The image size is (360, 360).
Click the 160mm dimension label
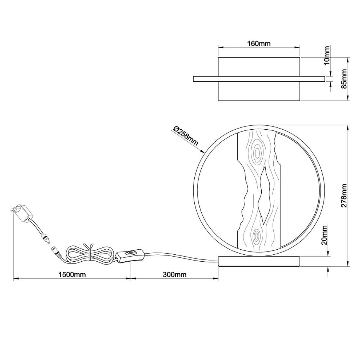(x=259, y=43)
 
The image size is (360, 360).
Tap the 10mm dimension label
(x=326, y=55)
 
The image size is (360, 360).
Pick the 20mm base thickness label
(x=324, y=235)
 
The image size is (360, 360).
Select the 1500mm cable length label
(x=72, y=274)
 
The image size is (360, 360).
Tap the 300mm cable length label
(x=175, y=274)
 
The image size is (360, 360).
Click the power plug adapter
(x=22, y=213)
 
